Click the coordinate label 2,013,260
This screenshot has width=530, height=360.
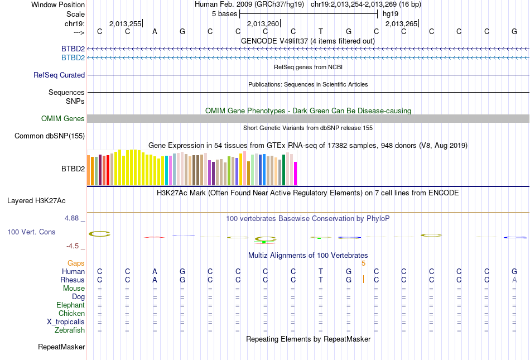[262, 23]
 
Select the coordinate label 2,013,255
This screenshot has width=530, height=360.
[125, 23]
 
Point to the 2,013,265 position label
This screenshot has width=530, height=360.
[401, 23]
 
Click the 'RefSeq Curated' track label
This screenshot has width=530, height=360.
[59, 75]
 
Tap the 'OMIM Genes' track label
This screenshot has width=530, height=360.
[63, 118]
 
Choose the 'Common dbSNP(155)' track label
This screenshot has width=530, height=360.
[50, 136]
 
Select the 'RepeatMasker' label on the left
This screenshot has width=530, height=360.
[61, 347]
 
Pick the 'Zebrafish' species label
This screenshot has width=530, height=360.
[70, 330]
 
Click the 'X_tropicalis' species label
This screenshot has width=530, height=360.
[66, 321]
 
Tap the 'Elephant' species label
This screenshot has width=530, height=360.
[70, 305]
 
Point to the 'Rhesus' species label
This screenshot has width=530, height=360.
[73, 280]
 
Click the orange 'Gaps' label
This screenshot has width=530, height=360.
[76, 263]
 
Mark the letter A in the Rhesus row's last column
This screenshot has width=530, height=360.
[514, 280]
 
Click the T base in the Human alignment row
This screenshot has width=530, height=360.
[321, 271]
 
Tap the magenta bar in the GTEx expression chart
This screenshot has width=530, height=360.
[295, 173]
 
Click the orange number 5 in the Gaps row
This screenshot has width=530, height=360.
[363, 263]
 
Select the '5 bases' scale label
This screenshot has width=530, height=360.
[224, 13]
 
